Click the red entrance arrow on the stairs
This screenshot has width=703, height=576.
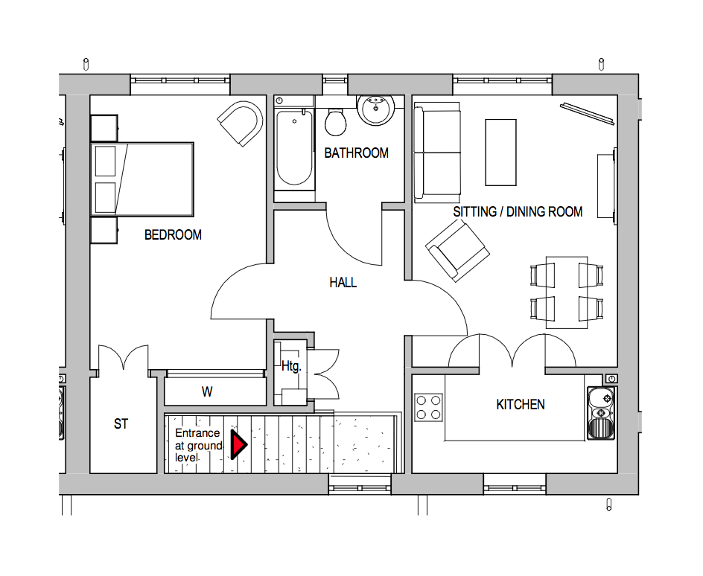238,444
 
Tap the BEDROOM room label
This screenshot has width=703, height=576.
173,235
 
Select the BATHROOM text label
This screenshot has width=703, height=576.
356,153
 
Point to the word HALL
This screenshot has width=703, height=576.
343,283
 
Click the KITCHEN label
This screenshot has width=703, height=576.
521,405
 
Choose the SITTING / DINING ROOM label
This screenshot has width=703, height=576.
518,212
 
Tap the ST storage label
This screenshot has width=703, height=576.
121,424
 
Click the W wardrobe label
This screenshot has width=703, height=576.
207,392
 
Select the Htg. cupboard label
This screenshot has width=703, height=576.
290,366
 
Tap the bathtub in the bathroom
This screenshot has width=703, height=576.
293,147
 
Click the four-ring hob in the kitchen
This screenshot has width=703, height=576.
428,408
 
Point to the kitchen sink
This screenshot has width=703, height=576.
601,413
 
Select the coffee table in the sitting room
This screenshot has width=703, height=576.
500,153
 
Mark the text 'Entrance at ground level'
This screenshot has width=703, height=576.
197,445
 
